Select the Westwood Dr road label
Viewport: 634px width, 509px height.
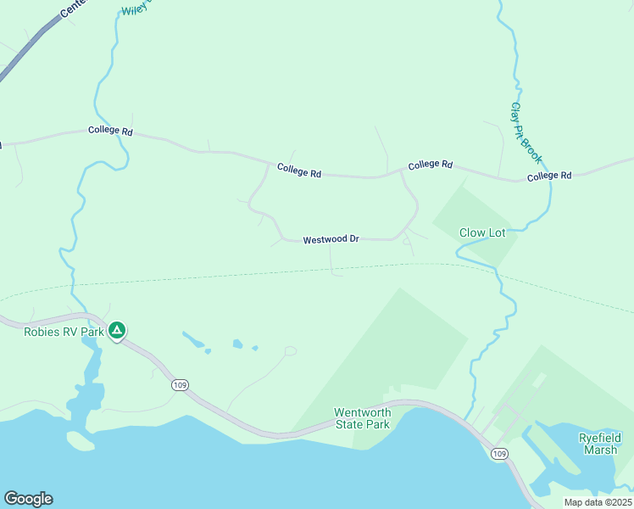coord(332,240)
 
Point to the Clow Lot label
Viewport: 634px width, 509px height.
coord(482,232)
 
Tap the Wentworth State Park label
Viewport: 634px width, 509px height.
coord(363,418)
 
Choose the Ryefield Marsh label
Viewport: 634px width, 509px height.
coord(601,444)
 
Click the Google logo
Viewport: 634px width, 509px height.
coord(28,499)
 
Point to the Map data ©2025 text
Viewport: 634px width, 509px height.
coord(597,501)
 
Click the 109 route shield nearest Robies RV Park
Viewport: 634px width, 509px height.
coord(180,385)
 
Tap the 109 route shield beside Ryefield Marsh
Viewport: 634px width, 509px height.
coord(499,455)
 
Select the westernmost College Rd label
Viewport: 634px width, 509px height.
coord(110,131)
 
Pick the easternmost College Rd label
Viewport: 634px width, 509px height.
coord(549,176)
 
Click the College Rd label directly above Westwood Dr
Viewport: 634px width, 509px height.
coord(298,171)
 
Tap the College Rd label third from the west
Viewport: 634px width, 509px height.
coord(430,165)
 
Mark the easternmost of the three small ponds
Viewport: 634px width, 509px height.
coord(254,347)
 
